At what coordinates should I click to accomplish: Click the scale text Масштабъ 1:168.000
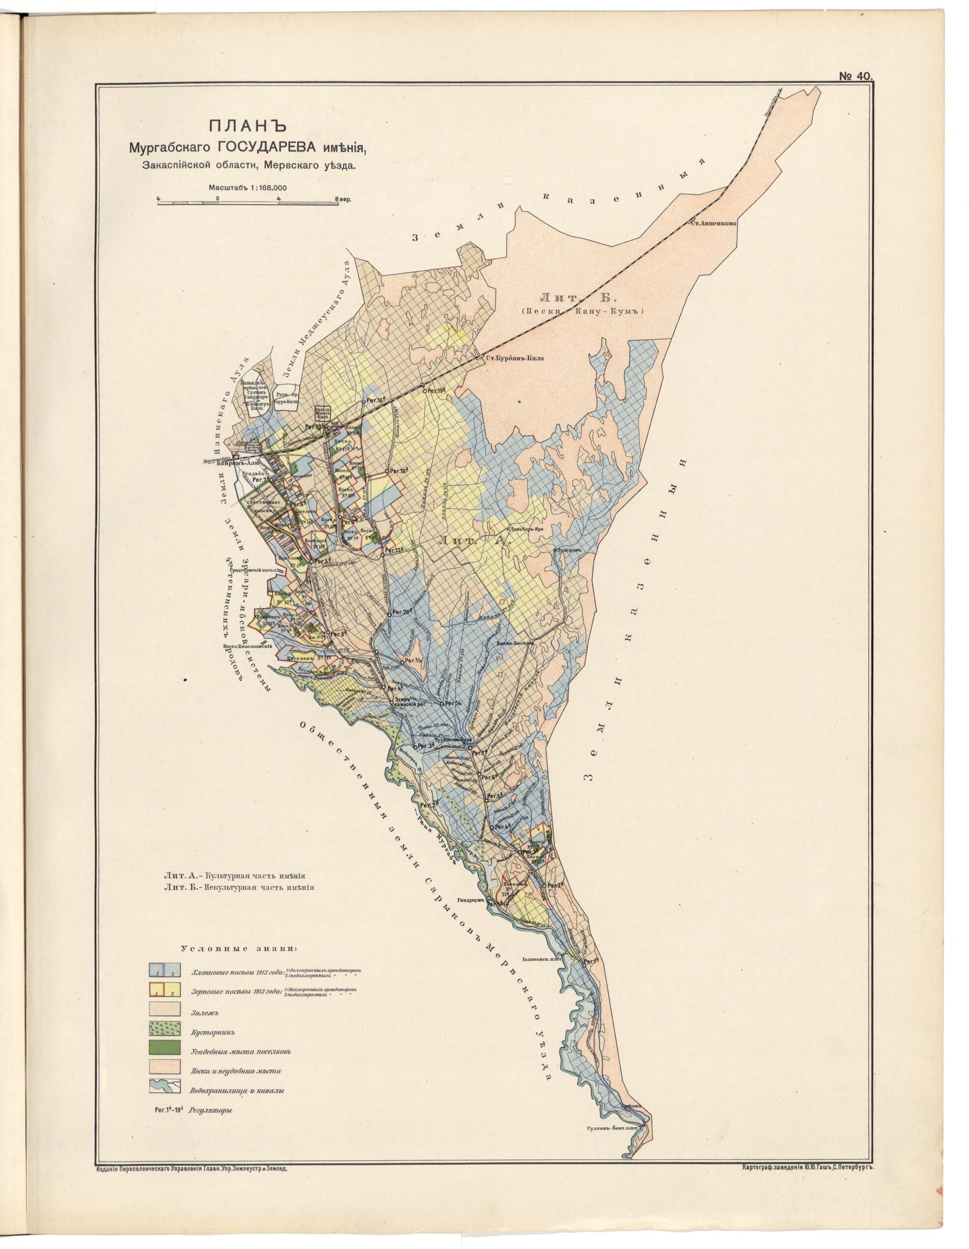tap(248, 187)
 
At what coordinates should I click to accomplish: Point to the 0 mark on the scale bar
tap(218, 198)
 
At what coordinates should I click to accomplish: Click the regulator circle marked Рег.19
tap(424, 391)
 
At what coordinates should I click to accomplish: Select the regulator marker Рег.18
tap(387, 470)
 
